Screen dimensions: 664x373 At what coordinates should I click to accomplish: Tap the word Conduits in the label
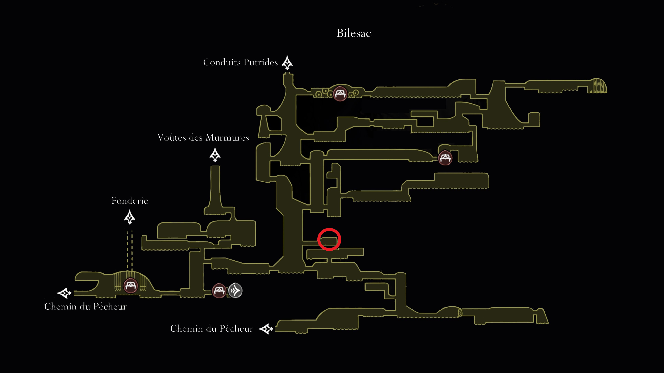pyautogui.click(x=222, y=62)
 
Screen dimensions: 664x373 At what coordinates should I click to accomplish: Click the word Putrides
pyautogui.click(x=261, y=62)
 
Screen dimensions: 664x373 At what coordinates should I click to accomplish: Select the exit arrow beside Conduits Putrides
pyautogui.click(x=287, y=63)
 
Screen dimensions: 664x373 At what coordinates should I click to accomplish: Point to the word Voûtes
pyautogui.click(x=172, y=137)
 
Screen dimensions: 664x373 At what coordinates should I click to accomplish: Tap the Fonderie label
pyautogui.click(x=130, y=200)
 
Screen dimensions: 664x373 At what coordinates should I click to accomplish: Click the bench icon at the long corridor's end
pyautogui.click(x=445, y=158)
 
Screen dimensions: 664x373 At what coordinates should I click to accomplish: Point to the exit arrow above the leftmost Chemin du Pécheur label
pyautogui.click(x=64, y=293)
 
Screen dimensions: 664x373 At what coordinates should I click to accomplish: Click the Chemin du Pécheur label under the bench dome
pyautogui.click(x=86, y=307)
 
